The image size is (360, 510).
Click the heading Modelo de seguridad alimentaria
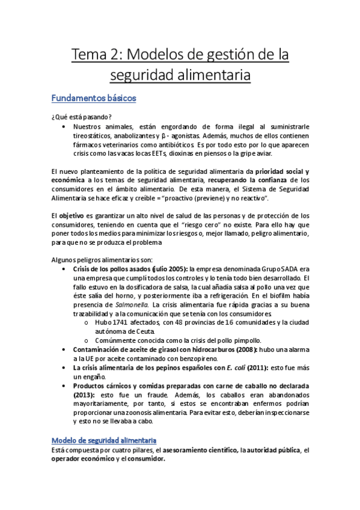[105, 440]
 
